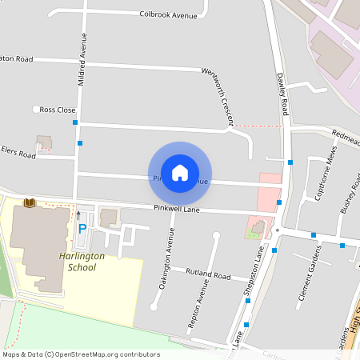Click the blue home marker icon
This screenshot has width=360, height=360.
[180, 171]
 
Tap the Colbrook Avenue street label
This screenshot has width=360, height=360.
[168, 14]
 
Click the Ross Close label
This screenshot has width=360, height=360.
[58, 110]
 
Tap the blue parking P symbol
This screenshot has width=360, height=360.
[82, 229]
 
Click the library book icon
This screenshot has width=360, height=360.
[30, 204]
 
